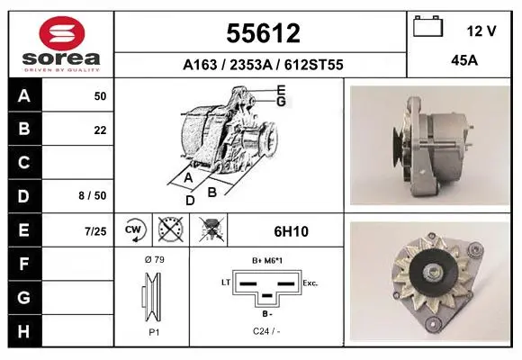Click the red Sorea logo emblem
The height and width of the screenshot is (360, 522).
(62, 33)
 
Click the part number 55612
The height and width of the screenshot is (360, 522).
(263, 33)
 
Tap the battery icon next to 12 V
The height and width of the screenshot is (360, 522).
(427, 26)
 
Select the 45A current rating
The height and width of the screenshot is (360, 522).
(464, 60)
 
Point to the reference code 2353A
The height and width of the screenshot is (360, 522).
(251, 65)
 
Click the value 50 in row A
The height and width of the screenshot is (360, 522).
(100, 96)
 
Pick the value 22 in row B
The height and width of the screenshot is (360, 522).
(100, 130)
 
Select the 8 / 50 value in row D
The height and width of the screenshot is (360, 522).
(93, 195)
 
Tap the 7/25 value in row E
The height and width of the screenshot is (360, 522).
(95, 231)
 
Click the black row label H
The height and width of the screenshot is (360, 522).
(24, 331)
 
